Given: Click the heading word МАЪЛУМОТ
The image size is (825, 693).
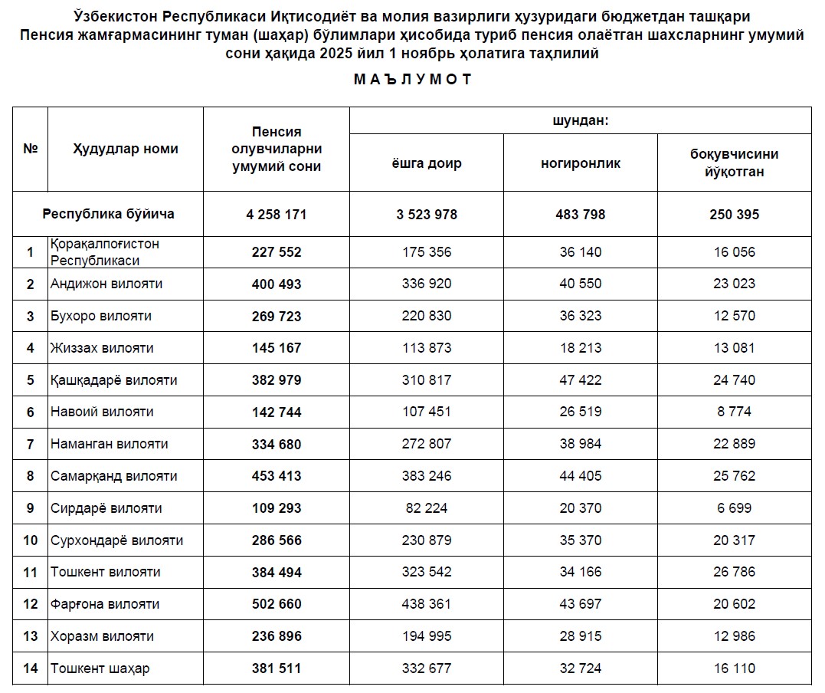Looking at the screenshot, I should click(413, 79).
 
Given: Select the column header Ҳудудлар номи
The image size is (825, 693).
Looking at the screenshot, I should click(126, 149).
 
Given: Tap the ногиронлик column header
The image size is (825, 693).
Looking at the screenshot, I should click(581, 163).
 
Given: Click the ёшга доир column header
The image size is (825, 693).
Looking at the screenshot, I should click(427, 163).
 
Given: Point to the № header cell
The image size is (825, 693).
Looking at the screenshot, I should click(31, 149).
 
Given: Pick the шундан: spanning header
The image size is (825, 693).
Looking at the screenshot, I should click(581, 120).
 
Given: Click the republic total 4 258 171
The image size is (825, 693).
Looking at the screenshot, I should click(277, 215).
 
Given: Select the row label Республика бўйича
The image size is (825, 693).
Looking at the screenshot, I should click(108, 214).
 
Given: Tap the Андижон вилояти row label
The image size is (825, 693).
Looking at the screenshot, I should click(106, 284).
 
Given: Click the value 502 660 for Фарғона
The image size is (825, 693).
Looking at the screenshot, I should click(277, 604).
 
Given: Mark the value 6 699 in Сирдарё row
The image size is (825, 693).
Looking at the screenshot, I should click(734, 508).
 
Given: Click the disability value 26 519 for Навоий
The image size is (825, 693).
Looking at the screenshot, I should click(581, 412).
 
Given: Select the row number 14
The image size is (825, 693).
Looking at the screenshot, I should click(31, 668).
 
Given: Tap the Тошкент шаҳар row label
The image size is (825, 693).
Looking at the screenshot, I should click(100, 668).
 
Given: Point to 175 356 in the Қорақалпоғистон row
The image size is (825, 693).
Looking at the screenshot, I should click(427, 252).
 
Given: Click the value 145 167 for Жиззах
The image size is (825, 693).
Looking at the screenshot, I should click(277, 348).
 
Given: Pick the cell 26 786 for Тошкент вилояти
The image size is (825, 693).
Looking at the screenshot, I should click(734, 572).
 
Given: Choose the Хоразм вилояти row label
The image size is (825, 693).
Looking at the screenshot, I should click(102, 636).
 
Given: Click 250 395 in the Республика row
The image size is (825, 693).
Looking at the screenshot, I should click(734, 215).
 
